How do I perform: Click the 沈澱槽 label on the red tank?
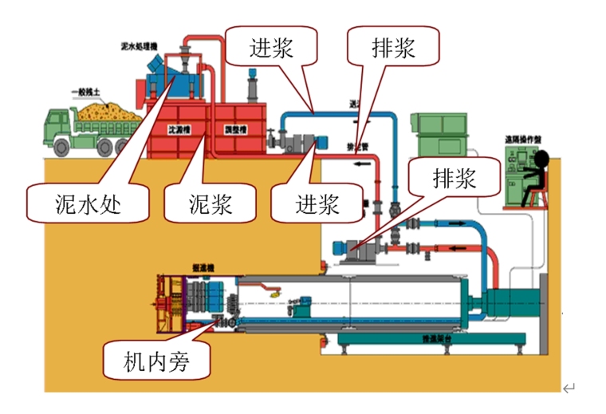click(180, 129)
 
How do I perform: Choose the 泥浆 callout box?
click(211, 203)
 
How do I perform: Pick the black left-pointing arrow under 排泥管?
click(363, 166)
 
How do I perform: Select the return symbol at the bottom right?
click(569, 388)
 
